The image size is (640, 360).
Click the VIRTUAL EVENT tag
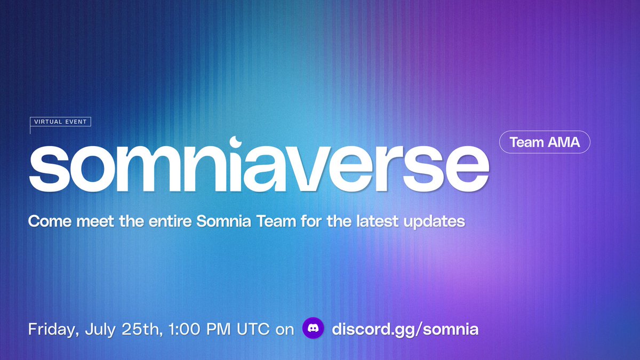pos(60,122)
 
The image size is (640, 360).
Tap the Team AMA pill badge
pos(545,142)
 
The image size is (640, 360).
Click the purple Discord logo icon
pos(313,328)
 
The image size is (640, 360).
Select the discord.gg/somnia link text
pos(405,329)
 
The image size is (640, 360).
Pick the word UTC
pos(253,329)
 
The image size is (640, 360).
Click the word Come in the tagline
pos(50,221)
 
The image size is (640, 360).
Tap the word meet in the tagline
pos(95,221)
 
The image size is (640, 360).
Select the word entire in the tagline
pos(170,221)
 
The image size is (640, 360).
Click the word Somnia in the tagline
pos(223,221)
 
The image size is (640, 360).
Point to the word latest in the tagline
pos(378,221)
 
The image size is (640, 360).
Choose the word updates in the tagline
pos(434,222)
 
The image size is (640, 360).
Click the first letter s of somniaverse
pos(49,169)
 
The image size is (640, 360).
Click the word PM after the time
pos(218,329)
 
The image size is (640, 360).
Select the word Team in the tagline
pos(276,221)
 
